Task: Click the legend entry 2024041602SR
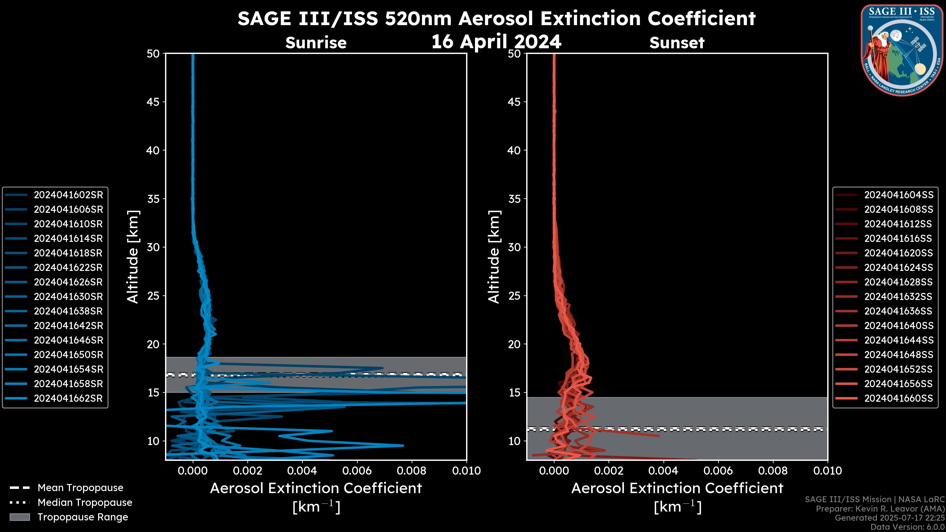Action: tap(68, 195)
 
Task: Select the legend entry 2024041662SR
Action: tap(68, 398)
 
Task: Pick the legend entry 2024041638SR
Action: tap(68, 311)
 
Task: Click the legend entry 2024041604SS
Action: tap(898, 195)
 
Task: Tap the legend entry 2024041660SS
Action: tap(898, 398)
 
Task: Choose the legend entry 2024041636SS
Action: tap(898, 311)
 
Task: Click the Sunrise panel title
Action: tap(316, 43)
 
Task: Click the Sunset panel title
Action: tap(677, 43)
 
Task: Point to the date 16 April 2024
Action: tap(496, 41)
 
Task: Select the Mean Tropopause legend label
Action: tap(80, 488)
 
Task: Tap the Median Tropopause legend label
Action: tap(85, 503)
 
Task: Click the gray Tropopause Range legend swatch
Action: tap(20, 517)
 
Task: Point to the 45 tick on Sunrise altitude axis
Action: tap(153, 102)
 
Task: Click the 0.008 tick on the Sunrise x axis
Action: tap(412, 471)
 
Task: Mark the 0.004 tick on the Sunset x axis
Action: tap(664, 471)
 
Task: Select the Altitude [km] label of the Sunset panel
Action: tap(494, 257)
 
